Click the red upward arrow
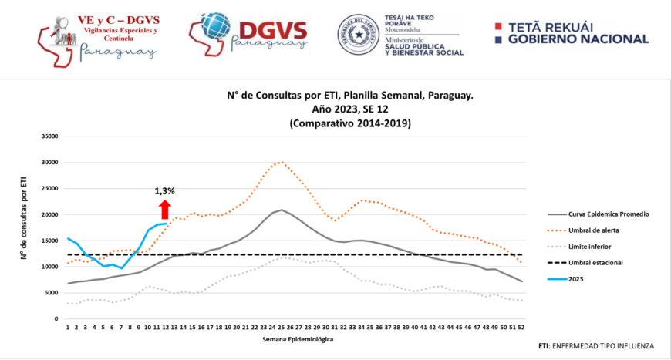[164, 210]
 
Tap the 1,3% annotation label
[165, 190]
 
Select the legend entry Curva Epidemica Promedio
[608, 214]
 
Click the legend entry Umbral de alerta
[595, 230]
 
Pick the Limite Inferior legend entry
[592, 246]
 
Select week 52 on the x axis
[522, 327]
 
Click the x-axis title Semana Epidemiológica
[296, 338]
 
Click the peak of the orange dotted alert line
[282, 162]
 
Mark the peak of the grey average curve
[282, 210]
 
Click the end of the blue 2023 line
[167, 223]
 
